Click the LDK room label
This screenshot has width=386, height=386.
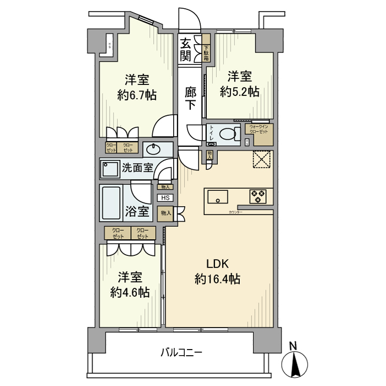pyautogui.click(x=217, y=262)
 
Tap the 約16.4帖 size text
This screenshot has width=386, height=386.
pyautogui.click(x=217, y=279)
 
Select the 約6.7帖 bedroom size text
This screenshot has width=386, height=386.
pyautogui.click(x=137, y=95)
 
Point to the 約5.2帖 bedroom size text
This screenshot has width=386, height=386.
pyautogui.click(x=239, y=92)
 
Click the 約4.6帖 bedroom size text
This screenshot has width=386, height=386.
pyautogui.click(x=130, y=292)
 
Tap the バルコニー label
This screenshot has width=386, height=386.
pyautogui.click(x=182, y=352)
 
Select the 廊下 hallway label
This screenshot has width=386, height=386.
pyautogui.click(x=190, y=98)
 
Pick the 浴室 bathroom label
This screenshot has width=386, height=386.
pyautogui.click(x=136, y=211)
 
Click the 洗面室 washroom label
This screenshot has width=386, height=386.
pyautogui.click(x=137, y=168)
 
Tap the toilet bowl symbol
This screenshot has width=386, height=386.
pyautogui.click(x=227, y=134)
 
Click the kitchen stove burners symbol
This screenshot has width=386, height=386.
pyautogui.click(x=258, y=196)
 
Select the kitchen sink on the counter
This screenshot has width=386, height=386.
pyautogui.click(x=218, y=196)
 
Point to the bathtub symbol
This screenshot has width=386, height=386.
pyautogui.click(x=111, y=203)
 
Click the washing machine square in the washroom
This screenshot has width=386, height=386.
pyautogui.click(x=110, y=169)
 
